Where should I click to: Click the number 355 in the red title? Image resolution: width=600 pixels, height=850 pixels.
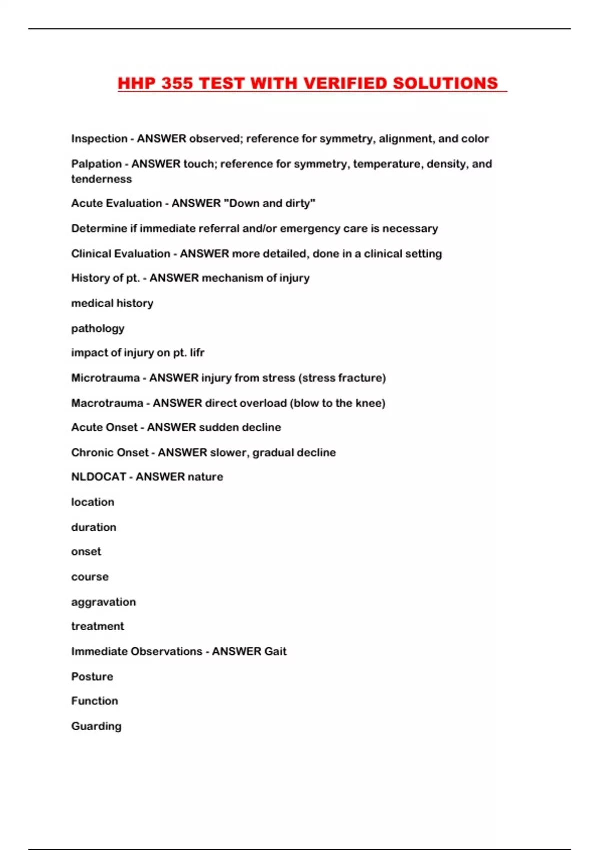click(x=177, y=83)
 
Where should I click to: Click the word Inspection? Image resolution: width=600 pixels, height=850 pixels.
click(x=99, y=139)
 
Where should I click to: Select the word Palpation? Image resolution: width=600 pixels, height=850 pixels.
click(x=96, y=164)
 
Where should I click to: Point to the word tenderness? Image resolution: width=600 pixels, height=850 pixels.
click(x=101, y=179)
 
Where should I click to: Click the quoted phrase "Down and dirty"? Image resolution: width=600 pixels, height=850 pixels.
click(x=268, y=203)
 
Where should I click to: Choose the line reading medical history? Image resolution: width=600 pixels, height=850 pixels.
click(x=112, y=303)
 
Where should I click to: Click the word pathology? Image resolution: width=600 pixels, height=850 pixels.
click(x=98, y=328)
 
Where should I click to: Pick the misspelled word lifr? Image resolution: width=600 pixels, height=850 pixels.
click(x=197, y=353)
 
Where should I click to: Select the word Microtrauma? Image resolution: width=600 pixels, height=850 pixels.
click(x=105, y=378)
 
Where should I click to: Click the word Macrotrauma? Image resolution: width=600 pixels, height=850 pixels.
click(x=107, y=403)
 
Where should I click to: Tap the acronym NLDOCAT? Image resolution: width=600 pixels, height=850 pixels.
click(x=99, y=477)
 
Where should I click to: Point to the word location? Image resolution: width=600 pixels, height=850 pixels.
click(x=93, y=502)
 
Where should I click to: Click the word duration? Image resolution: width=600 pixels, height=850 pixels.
click(x=94, y=527)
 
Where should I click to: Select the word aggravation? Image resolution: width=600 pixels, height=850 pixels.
click(x=103, y=602)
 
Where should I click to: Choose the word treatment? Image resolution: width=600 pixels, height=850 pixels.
click(x=97, y=626)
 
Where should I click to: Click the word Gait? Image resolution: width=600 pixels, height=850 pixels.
click(x=275, y=651)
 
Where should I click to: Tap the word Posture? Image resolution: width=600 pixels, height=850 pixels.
click(x=92, y=676)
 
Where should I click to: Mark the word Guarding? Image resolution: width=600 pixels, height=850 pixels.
click(x=96, y=726)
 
